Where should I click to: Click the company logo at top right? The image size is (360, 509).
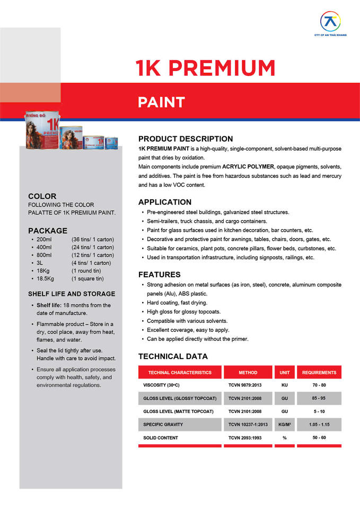330,22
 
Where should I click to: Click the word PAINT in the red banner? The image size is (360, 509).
162,102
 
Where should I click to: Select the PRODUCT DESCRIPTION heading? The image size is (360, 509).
186,139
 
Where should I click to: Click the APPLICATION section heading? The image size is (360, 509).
165,202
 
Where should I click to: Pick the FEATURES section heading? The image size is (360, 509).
160,275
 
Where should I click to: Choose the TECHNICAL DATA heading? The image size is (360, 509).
173,356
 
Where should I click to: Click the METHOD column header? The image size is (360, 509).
248,373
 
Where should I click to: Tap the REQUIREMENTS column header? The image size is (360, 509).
319,373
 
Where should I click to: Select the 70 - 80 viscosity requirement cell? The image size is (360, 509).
319,385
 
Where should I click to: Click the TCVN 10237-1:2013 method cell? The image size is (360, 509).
248,425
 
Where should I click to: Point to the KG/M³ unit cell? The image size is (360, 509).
284,425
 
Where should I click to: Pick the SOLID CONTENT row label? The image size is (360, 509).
161,438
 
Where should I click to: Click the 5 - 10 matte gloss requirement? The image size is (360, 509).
319,411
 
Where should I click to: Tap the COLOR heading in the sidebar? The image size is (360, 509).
42,196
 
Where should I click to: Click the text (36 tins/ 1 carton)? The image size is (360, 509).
93,239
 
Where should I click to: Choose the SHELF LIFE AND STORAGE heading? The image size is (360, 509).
72,294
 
